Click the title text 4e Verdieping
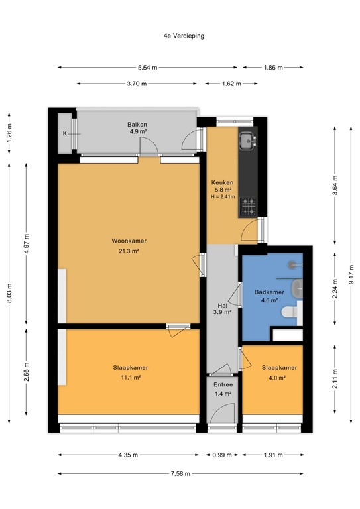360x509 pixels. click(x=180, y=36)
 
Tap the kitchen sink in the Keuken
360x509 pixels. click(x=248, y=140)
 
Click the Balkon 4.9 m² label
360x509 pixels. click(x=137, y=128)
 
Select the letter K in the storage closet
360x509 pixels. click(x=65, y=133)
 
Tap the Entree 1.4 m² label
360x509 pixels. click(x=223, y=388)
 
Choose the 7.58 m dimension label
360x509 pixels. click(x=180, y=473)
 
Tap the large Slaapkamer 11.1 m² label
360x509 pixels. click(x=129, y=372)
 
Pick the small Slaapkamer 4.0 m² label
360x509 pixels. click(x=278, y=372)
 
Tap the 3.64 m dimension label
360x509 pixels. click(x=335, y=182)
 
